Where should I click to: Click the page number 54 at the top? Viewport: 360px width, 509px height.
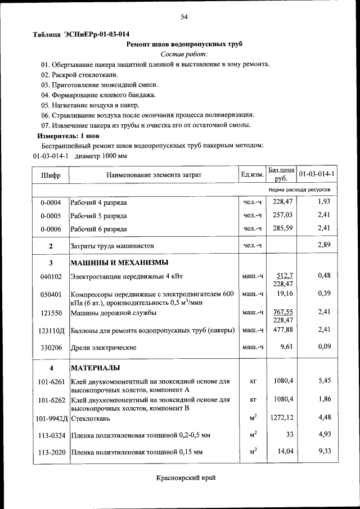[184, 17]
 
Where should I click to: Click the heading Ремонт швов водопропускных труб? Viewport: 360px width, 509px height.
[184, 43]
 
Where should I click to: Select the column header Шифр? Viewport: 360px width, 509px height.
[51, 175]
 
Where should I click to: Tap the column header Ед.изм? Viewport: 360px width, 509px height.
[252, 175]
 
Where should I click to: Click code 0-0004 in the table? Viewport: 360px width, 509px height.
[51, 202]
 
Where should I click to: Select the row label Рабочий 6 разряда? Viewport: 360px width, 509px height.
[98, 229]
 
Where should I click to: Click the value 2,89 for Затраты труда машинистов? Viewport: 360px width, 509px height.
[323, 245]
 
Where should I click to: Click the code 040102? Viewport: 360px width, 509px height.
[51, 276]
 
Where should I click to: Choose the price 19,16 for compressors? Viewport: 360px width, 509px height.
[285, 294]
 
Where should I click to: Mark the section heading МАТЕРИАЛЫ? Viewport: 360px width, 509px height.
[94, 368]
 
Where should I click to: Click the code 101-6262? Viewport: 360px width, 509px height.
[51, 400]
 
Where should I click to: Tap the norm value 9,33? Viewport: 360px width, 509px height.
[323, 451]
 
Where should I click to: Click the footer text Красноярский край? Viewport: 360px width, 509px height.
[185, 478]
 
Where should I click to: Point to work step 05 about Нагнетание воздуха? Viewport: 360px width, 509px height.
[89, 105]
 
